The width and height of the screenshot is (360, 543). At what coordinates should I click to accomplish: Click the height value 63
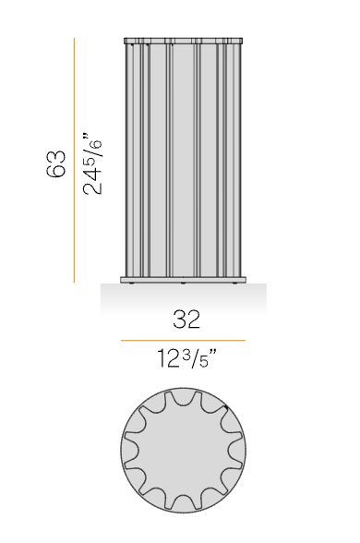click(x=55, y=163)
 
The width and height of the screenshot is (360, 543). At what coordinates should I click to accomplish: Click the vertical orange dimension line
click(x=74, y=161)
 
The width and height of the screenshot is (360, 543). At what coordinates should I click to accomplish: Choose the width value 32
click(x=186, y=320)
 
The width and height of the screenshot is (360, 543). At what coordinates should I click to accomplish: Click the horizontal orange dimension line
click(x=183, y=341)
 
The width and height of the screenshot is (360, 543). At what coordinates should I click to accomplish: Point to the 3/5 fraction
click(x=196, y=358)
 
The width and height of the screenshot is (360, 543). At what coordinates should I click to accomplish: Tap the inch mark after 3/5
click(x=213, y=353)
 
